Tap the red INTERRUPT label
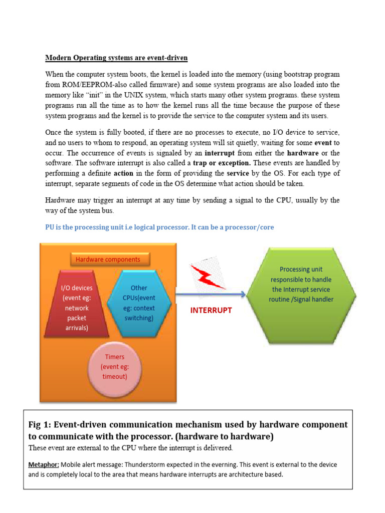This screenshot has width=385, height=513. coord(211,311)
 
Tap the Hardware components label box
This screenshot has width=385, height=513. coord(108,260)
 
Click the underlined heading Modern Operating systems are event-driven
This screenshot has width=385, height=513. coord(116,58)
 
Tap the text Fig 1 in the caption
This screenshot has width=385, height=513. coord(40,424)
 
